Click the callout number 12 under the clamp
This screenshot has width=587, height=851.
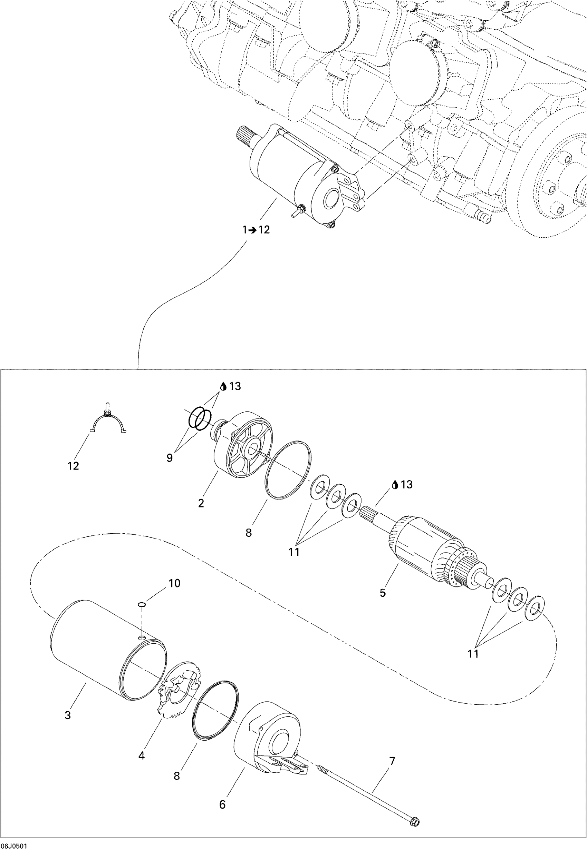point(73,466)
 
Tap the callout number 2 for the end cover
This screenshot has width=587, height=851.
point(201,503)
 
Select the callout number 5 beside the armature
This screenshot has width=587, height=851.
point(383,593)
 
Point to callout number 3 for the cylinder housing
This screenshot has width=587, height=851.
point(68,715)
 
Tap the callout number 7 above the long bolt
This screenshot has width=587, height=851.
point(392,761)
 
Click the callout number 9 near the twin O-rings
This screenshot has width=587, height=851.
point(170,458)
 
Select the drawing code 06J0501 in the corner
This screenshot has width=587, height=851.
point(13,846)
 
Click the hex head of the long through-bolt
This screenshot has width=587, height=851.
point(414,820)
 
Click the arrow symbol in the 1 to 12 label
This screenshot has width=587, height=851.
point(252,230)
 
